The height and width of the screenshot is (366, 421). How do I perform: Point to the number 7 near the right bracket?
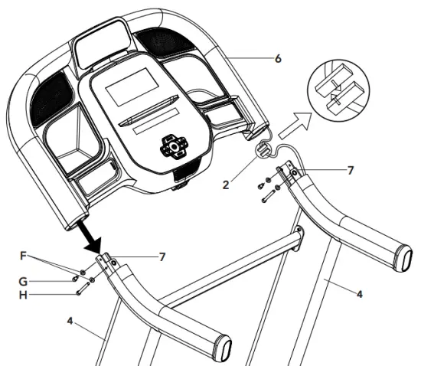pyautogui.click(x=350, y=170)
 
